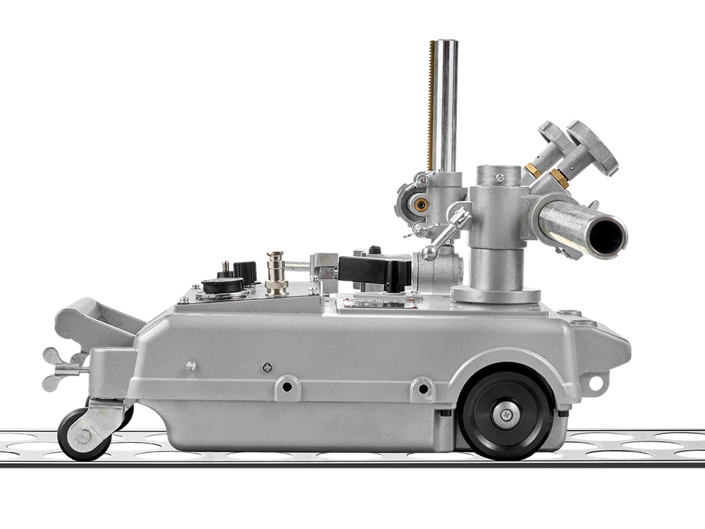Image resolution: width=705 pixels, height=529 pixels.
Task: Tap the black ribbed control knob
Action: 245,271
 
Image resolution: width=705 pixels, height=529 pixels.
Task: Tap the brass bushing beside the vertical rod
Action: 422,205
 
